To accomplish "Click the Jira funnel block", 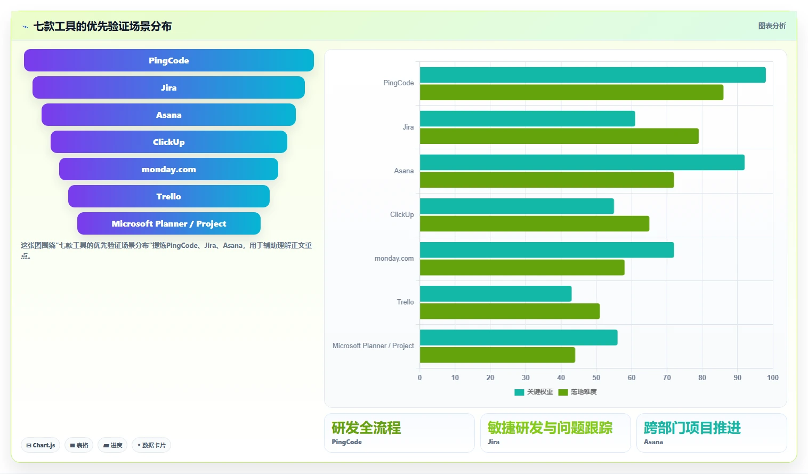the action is point(168,87).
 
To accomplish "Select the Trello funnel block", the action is point(169,196).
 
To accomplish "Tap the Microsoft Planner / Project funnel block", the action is point(169,223).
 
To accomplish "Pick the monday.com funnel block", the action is point(168,169).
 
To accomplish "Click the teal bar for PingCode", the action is point(593,75).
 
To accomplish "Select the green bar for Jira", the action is point(559,136).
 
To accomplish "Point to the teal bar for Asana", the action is point(582,162).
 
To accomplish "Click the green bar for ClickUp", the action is point(535,223).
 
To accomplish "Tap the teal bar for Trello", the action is point(496,294).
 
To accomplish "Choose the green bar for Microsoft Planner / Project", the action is point(497,355).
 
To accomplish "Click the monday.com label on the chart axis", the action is point(394,258).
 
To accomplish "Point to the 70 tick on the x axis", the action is point(667,377).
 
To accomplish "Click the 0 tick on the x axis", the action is point(419,377).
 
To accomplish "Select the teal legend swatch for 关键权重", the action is point(519,392).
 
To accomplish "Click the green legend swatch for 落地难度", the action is point(563,392).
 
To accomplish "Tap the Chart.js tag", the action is point(41,445).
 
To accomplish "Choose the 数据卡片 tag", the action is point(151,445).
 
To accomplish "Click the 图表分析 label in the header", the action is point(772,26).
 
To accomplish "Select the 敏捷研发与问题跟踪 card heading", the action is point(550,428).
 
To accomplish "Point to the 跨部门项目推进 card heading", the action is point(692,428).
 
